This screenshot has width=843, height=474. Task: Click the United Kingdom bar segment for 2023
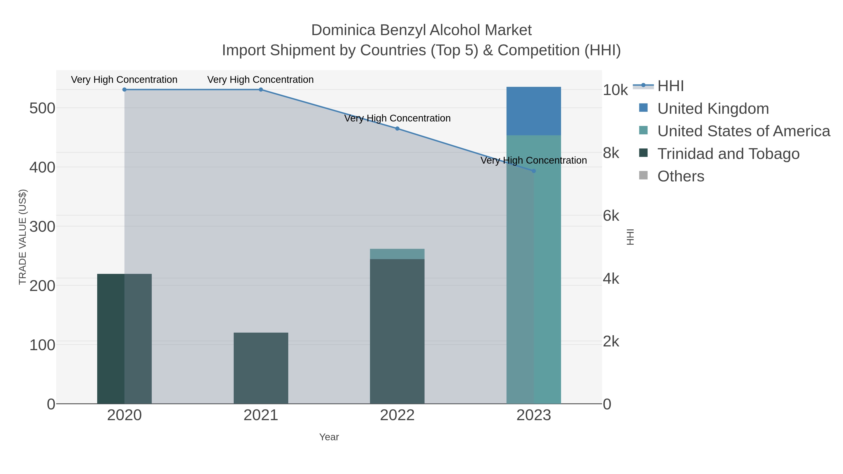click(x=533, y=111)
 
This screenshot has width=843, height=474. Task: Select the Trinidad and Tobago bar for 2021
click(x=261, y=368)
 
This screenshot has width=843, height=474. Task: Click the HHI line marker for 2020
click(x=124, y=90)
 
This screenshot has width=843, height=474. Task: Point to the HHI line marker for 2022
click(x=397, y=129)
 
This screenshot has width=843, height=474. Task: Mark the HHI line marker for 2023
click(x=534, y=171)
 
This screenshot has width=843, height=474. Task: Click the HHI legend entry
click(x=670, y=86)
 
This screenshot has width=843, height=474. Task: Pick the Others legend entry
click(x=681, y=176)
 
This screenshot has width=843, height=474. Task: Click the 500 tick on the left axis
click(x=42, y=108)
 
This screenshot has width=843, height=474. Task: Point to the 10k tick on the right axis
click(x=615, y=90)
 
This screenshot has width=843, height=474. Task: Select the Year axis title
click(x=329, y=437)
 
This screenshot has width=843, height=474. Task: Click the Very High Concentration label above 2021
click(x=260, y=80)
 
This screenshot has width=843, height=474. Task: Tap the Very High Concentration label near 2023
click(x=533, y=161)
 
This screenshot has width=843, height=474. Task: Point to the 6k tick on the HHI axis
click(x=611, y=216)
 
